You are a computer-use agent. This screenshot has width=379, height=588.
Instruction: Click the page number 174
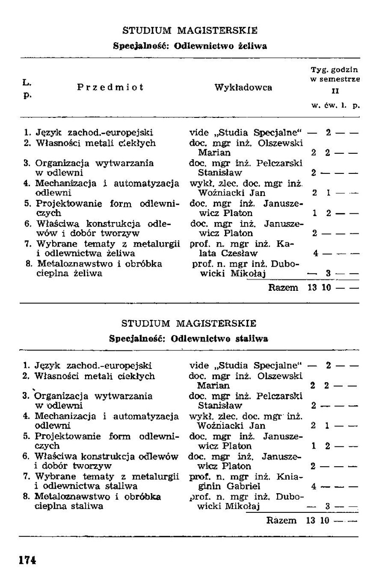(28, 560)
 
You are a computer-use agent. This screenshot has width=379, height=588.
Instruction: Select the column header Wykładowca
(243, 87)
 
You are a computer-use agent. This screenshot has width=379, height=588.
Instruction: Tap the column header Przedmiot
(110, 87)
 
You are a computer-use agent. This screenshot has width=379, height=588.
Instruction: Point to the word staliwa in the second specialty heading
(252, 339)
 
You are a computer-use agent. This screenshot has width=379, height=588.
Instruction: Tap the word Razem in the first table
(283, 287)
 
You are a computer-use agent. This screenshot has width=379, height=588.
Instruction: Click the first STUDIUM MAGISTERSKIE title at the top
(189, 30)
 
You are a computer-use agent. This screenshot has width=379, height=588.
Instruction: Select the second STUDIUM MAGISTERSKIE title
(189, 323)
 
